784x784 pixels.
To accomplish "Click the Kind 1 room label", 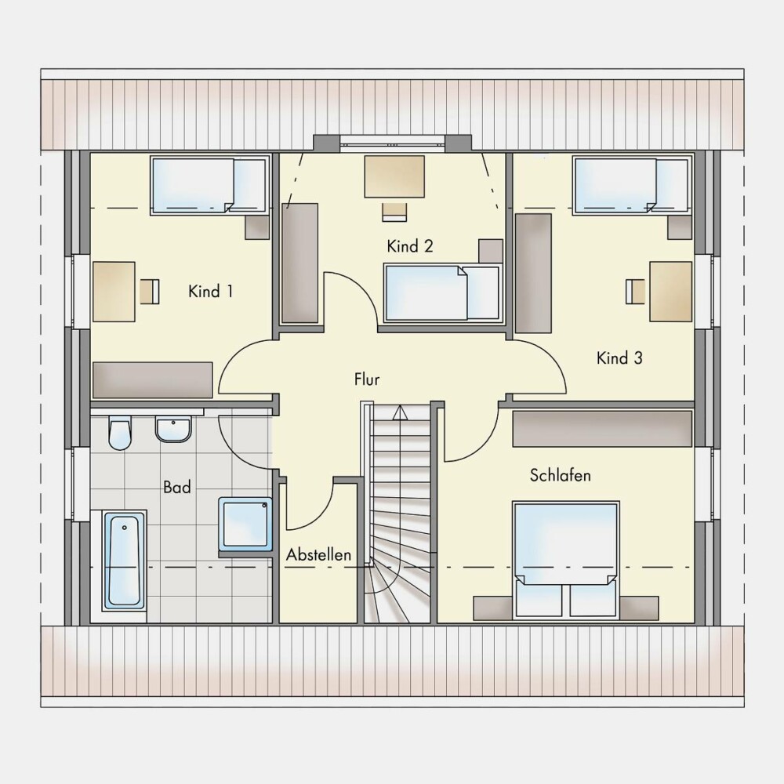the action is click(210, 291).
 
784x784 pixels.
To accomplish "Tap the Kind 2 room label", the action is click(410, 246).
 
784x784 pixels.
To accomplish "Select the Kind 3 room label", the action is click(619, 358).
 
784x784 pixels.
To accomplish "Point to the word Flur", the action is click(367, 379).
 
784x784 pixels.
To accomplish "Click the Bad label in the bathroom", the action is click(177, 487).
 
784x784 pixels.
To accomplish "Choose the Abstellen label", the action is click(318, 554).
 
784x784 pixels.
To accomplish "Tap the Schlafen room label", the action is click(560, 475).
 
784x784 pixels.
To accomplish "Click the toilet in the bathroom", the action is click(119, 433).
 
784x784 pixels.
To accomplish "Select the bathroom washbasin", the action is click(173, 429).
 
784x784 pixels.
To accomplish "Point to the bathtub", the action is click(124, 561).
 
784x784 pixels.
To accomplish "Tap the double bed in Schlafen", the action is click(566, 560).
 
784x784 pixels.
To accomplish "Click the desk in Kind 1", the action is click(114, 292).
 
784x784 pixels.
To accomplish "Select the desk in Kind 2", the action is click(394, 176).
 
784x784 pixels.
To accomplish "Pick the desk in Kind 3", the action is click(671, 291).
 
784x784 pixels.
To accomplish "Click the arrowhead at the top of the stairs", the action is click(400, 412).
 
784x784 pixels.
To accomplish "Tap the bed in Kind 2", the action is click(442, 293).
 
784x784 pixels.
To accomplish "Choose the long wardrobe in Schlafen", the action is click(602, 429).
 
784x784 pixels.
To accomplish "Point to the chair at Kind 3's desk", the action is click(636, 292).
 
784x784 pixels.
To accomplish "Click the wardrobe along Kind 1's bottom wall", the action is click(153, 380).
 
